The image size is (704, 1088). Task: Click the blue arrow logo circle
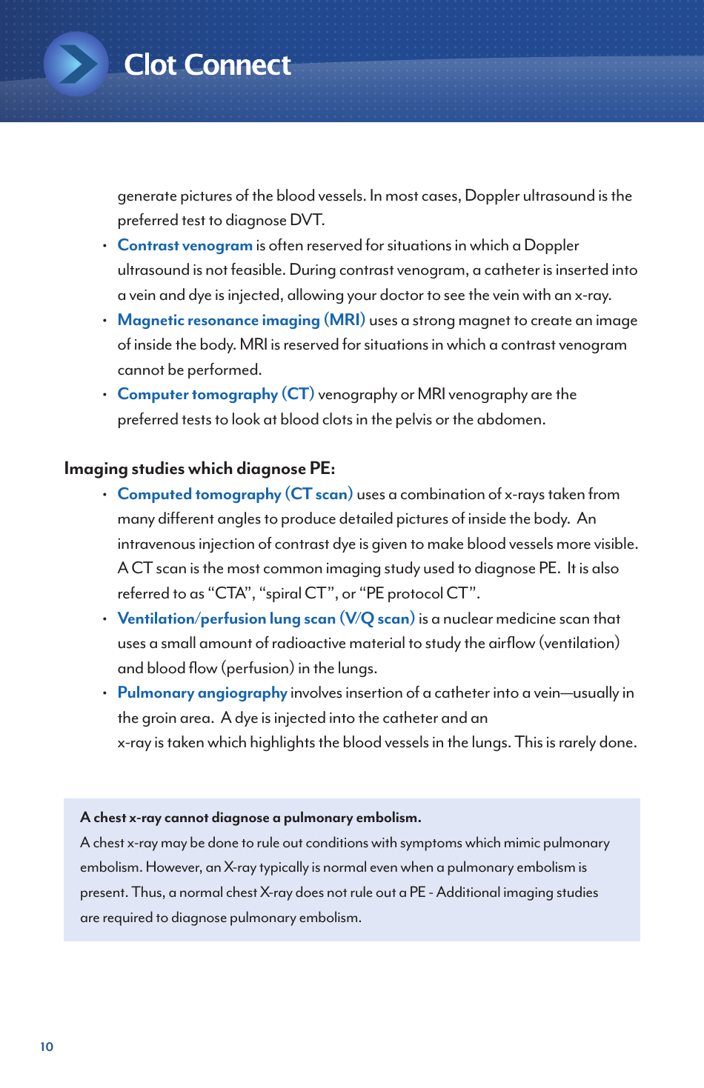coord(76,64)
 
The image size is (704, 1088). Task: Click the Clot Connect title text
coord(207,65)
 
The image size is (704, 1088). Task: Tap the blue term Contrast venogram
coord(185,245)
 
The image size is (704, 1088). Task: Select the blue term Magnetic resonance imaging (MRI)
coord(241,320)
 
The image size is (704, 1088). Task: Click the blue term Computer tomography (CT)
coord(216,394)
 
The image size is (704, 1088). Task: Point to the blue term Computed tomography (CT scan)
coord(235,494)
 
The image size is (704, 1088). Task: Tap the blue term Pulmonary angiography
coord(202,692)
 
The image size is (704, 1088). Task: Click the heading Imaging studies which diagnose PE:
coord(199,468)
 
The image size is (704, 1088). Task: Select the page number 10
coord(47,1047)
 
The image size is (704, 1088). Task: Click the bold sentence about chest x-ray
coord(250,818)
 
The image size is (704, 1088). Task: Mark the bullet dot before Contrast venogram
coord(104,246)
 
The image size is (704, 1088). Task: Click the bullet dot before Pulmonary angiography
coord(104,693)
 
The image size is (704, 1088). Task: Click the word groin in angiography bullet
coord(163,718)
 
